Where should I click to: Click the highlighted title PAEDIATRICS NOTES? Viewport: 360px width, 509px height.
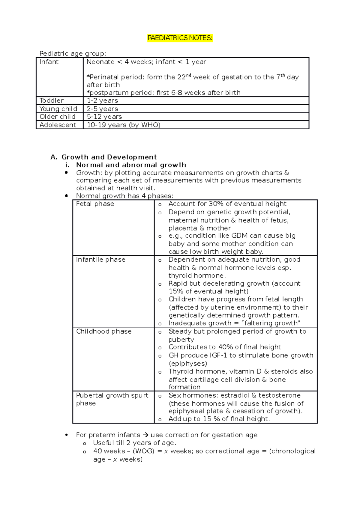pyautogui.click(x=180, y=38)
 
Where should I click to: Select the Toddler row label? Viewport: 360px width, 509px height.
pyautogui.click(x=52, y=101)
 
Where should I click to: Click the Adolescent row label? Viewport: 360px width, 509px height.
pyautogui.click(x=58, y=125)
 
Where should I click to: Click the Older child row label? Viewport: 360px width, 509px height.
pyautogui.click(x=57, y=117)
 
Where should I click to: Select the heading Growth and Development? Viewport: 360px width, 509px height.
pyautogui.click(x=109, y=157)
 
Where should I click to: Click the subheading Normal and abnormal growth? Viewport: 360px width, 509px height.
pyautogui.click(x=131, y=165)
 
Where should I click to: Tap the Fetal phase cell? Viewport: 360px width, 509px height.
pyautogui.click(x=95, y=204)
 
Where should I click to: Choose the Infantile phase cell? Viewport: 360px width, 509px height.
pyautogui.click(x=101, y=260)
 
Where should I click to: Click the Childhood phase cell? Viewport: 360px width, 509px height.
pyautogui.click(x=104, y=332)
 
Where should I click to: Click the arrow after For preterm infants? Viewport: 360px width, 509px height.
pyautogui.click(x=145, y=435)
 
